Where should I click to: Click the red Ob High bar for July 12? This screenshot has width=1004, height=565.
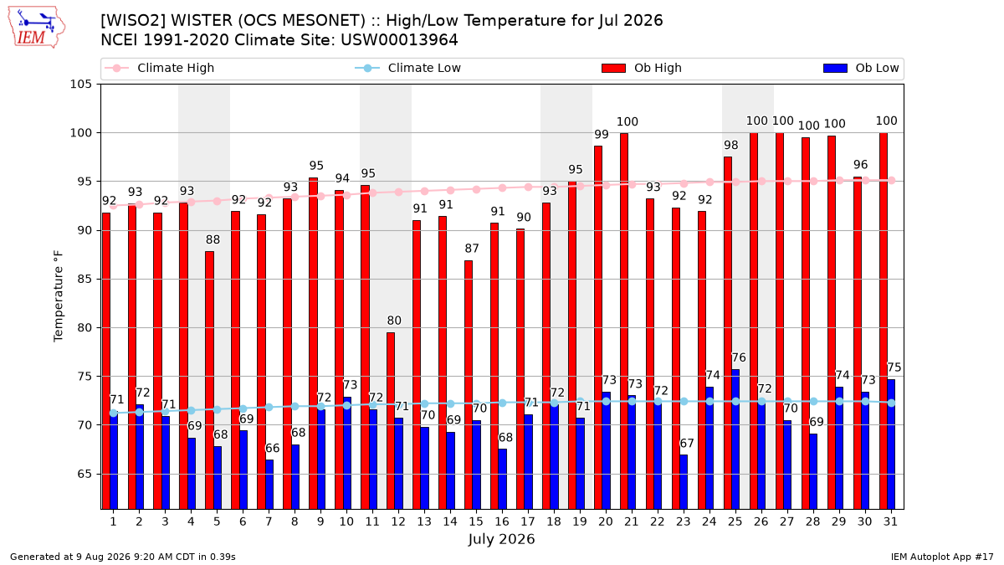pos(391,420)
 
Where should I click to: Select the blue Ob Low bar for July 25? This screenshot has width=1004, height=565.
pos(735,439)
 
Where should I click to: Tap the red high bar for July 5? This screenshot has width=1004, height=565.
pos(209,380)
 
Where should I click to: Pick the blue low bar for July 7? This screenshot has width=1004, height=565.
pos(269,485)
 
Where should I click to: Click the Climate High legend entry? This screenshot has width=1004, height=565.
pos(160,68)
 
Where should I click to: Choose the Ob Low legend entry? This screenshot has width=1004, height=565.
pos(861,68)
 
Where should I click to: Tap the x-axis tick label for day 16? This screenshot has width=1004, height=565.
pos(502,521)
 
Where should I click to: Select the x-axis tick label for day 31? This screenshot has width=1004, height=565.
pos(890,521)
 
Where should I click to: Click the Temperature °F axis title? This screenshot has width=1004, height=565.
pos(59,296)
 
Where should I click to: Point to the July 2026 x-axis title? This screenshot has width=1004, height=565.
pos(501,539)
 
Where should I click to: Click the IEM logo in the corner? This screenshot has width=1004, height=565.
pos(36,28)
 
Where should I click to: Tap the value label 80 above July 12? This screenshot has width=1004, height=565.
pos(394,321)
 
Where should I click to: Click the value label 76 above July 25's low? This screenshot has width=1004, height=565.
pos(739,358)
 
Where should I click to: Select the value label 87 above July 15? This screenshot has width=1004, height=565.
pos(472,249)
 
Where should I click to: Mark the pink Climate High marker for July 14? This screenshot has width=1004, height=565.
pos(450,191)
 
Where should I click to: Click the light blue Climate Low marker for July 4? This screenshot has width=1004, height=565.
pos(192,410)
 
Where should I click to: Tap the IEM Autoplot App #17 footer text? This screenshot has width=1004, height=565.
pos(942,557)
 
